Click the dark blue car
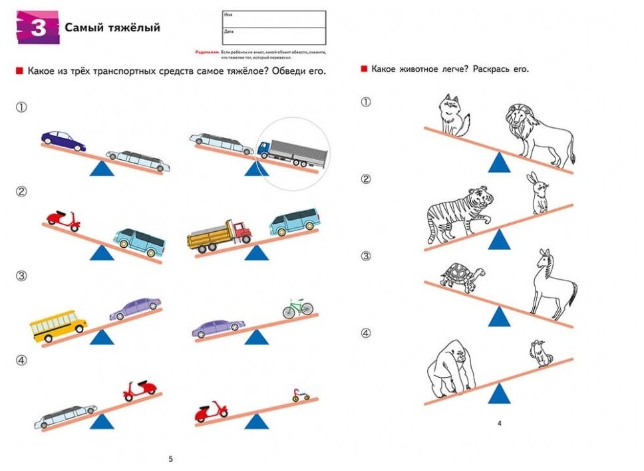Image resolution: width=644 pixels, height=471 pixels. pyautogui.click(x=63, y=141)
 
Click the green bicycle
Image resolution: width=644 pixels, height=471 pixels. pyautogui.click(x=297, y=308)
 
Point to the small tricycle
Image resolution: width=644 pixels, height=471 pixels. pyautogui.click(x=300, y=395)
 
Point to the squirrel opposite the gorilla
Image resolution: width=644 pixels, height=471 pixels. pyautogui.click(x=542, y=353)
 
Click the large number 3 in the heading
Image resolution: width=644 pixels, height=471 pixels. pyautogui.click(x=37, y=29)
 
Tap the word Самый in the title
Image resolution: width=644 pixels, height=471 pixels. pyautogui.click(x=82, y=27)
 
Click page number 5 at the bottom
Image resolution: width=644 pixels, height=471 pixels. pyautogui.click(x=171, y=459)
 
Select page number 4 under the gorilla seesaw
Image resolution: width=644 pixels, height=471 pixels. pyautogui.click(x=500, y=423)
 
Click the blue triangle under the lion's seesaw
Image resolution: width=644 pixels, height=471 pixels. pyautogui.click(x=498, y=163)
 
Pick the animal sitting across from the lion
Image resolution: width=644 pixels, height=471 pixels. pyautogui.click(x=452, y=115)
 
